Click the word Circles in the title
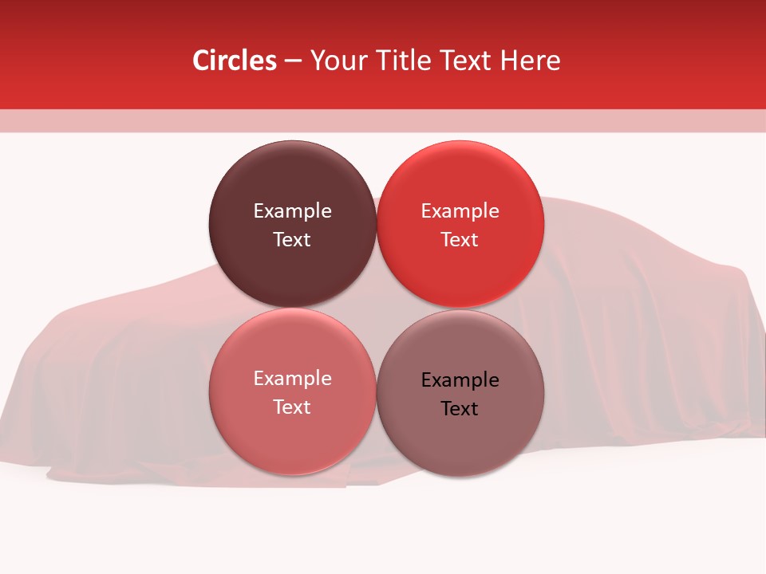234,61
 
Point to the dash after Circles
293,61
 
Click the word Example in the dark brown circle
292,210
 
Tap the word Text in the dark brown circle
292,239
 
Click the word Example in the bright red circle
460,210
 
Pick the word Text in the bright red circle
460,239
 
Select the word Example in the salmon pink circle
292,378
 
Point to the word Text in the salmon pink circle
292,407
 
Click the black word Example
460,379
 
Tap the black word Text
460,408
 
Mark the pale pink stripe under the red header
383,120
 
